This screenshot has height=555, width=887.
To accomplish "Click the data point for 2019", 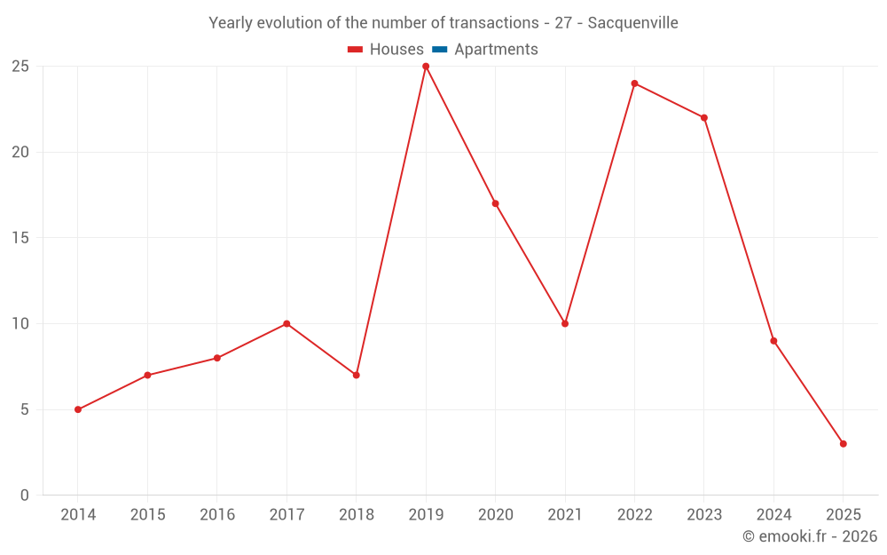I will point(426,67).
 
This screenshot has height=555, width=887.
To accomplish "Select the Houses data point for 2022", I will point(634,83).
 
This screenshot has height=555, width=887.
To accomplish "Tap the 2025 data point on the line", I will point(843,444).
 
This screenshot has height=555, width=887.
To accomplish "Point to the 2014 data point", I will point(78,409).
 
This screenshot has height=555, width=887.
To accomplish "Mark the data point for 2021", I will point(565,323).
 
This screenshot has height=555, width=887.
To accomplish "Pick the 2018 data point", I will point(356,375).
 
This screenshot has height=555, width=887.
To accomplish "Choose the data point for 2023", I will point(704,118).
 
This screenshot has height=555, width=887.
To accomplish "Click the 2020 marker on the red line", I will point(495,203).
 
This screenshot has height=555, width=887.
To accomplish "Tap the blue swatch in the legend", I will point(440,50).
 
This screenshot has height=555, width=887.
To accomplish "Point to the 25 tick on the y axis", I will point(20,67).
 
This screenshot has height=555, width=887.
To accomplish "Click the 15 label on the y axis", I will point(20,238).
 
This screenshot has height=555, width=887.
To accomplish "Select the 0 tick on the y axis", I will point(24,496).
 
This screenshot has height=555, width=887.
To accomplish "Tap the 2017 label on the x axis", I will point(287,515).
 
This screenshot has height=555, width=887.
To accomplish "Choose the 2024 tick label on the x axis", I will point(773,515).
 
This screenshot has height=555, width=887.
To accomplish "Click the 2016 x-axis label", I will point(217,515).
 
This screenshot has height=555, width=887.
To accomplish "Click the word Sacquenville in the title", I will point(634,23).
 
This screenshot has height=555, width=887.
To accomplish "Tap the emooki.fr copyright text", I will point(810,536).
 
